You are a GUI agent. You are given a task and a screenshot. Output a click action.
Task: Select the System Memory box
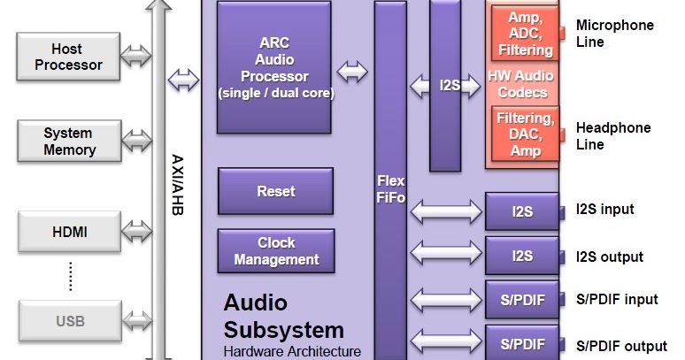[x=68, y=140]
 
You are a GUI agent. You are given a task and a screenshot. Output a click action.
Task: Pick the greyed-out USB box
[x=68, y=319]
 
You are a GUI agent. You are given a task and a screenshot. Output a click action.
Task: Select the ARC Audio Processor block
[x=275, y=67]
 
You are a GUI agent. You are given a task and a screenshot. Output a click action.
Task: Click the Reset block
[x=275, y=191]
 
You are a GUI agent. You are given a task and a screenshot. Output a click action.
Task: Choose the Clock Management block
[x=275, y=251]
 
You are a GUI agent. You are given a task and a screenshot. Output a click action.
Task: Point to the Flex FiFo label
[x=389, y=189]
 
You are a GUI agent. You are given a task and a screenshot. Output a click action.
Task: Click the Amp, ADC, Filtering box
[x=525, y=34]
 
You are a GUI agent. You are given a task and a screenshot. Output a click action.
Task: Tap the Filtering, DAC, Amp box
[x=525, y=134]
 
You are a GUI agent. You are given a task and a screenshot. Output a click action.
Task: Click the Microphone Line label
[x=614, y=34]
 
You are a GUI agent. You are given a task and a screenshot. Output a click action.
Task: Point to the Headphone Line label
[x=612, y=135]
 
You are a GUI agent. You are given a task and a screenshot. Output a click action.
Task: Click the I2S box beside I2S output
[x=522, y=256]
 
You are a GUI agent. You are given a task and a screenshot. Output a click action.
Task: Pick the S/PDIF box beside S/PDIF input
[x=522, y=300]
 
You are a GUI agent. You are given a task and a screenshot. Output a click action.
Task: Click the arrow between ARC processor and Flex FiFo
[x=352, y=72]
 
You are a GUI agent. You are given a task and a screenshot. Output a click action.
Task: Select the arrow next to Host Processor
[x=136, y=57]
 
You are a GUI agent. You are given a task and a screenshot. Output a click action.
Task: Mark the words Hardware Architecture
[x=292, y=351]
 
